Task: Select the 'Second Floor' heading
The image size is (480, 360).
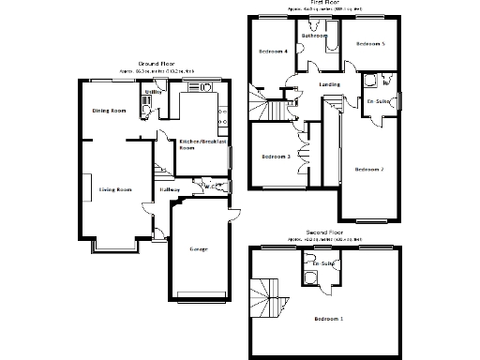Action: [324, 231]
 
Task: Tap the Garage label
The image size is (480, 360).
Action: [198, 249]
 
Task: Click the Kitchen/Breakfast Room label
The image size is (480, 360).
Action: [199, 143]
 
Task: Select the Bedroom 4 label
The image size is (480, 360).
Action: [273, 52]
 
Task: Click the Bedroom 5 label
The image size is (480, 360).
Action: [371, 44]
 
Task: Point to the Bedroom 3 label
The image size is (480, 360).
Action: [275, 157]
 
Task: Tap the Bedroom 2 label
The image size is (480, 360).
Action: [369, 170]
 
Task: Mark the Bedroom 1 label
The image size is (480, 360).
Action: [328, 320]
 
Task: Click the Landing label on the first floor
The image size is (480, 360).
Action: [329, 85]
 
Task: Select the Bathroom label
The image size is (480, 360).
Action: [315, 36]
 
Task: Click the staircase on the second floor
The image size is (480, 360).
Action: [270, 297]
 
